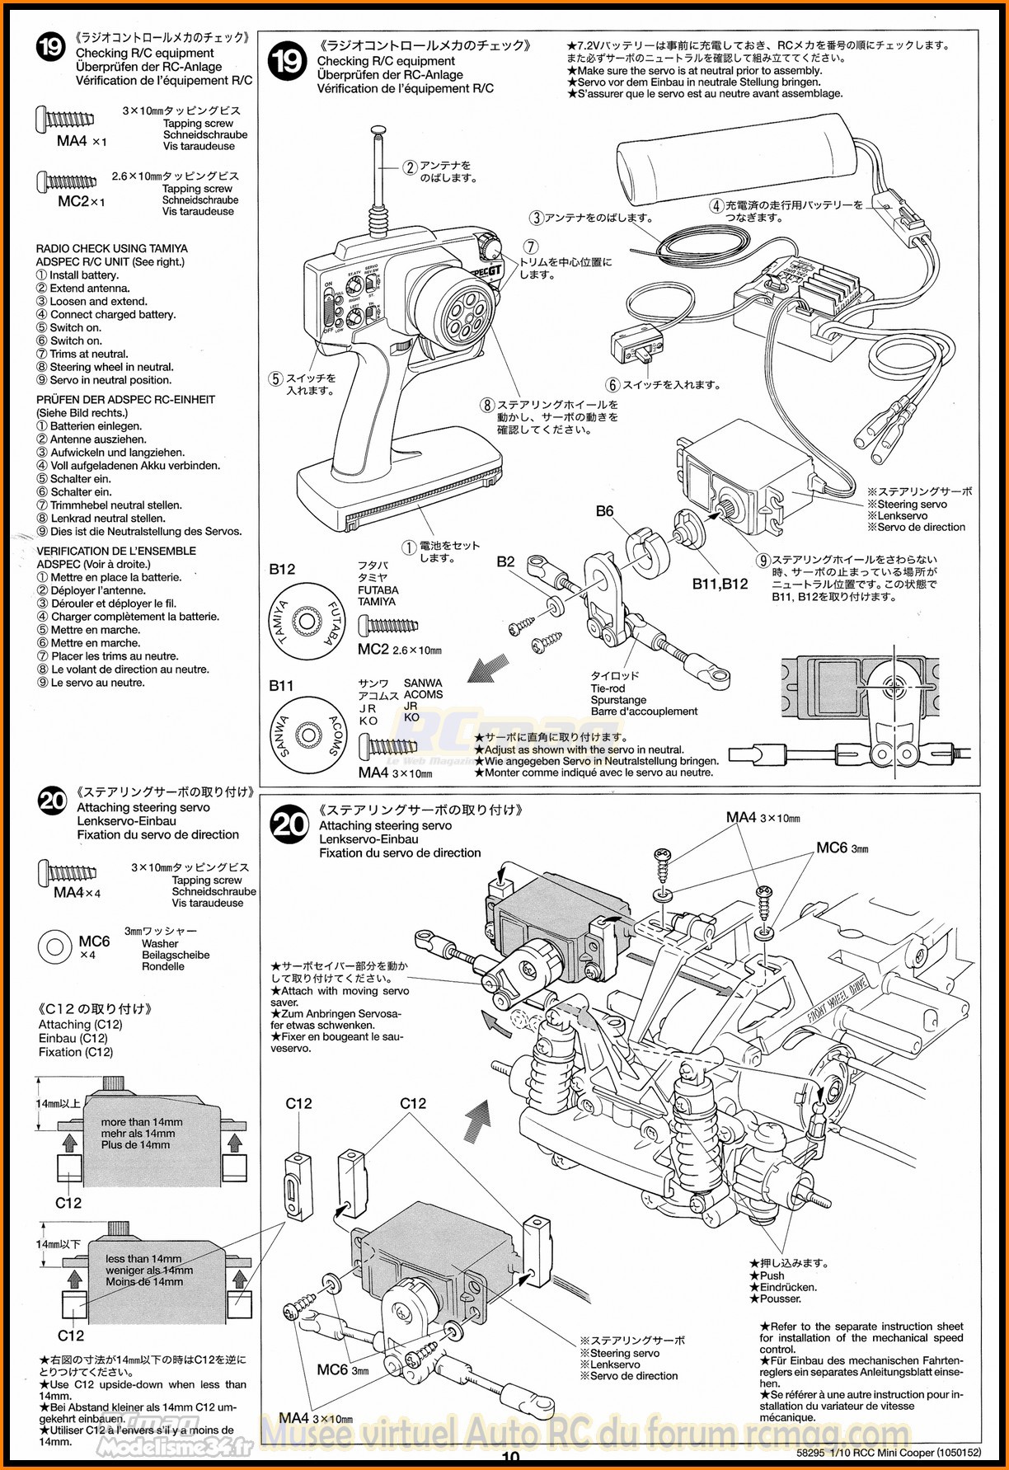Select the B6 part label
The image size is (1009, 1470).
[604, 511]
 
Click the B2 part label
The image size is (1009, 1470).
[505, 561]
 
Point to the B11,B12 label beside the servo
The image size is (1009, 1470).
[720, 584]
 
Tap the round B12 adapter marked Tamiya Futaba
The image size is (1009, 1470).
[307, 622]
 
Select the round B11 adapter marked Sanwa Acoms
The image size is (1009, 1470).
[307, 734]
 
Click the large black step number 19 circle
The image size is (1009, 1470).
[288, 61]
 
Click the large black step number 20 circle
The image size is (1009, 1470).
[289, 824]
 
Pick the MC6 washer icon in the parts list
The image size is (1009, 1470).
[54, 946]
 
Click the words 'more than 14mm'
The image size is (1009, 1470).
[142, 1122]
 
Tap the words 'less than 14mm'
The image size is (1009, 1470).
[143, 1259]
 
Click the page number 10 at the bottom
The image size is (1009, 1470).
[510, 1458]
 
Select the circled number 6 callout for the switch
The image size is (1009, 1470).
[612, 385]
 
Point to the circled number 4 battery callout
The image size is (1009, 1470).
[716, 205]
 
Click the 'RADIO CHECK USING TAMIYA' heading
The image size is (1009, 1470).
[112, 248]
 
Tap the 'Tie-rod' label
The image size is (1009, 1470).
[608, 688]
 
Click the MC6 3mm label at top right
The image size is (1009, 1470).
[842, 848]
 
